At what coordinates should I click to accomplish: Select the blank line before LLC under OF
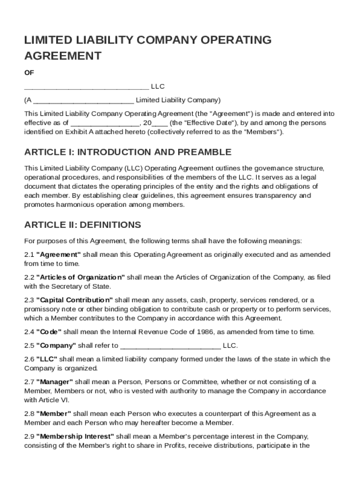pyautogui.click(x=86, y=87)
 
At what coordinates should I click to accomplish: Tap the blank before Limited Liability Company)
pyautogui.click(x=84, y=101)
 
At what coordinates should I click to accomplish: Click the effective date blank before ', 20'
pyautogui.click(x=105, y=123)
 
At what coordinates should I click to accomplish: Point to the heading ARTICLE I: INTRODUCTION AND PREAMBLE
pyautogui.click(x=128, y=152)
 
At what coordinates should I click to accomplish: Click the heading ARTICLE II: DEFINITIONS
pyautogui.click(x=82, y=225)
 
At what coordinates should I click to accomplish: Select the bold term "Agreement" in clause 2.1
pyautogui.click(x=58, y=254)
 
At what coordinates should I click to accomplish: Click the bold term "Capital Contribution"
pyautogui.click(x=74, y=300)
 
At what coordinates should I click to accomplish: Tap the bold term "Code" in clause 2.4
pyautogui.click(x=49, y=332)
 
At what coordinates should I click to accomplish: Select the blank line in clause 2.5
pyautogui.click(x=170, y=346)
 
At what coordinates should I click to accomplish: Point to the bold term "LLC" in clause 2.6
pyautogui.click(x=47, y=359)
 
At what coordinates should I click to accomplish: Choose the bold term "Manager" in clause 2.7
pyautogui.click(x=55, y=382)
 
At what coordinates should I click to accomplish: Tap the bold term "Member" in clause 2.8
pyautogui.click(x=54, y=414)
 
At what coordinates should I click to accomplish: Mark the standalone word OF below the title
pyautogui.click(x=29, y=73)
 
